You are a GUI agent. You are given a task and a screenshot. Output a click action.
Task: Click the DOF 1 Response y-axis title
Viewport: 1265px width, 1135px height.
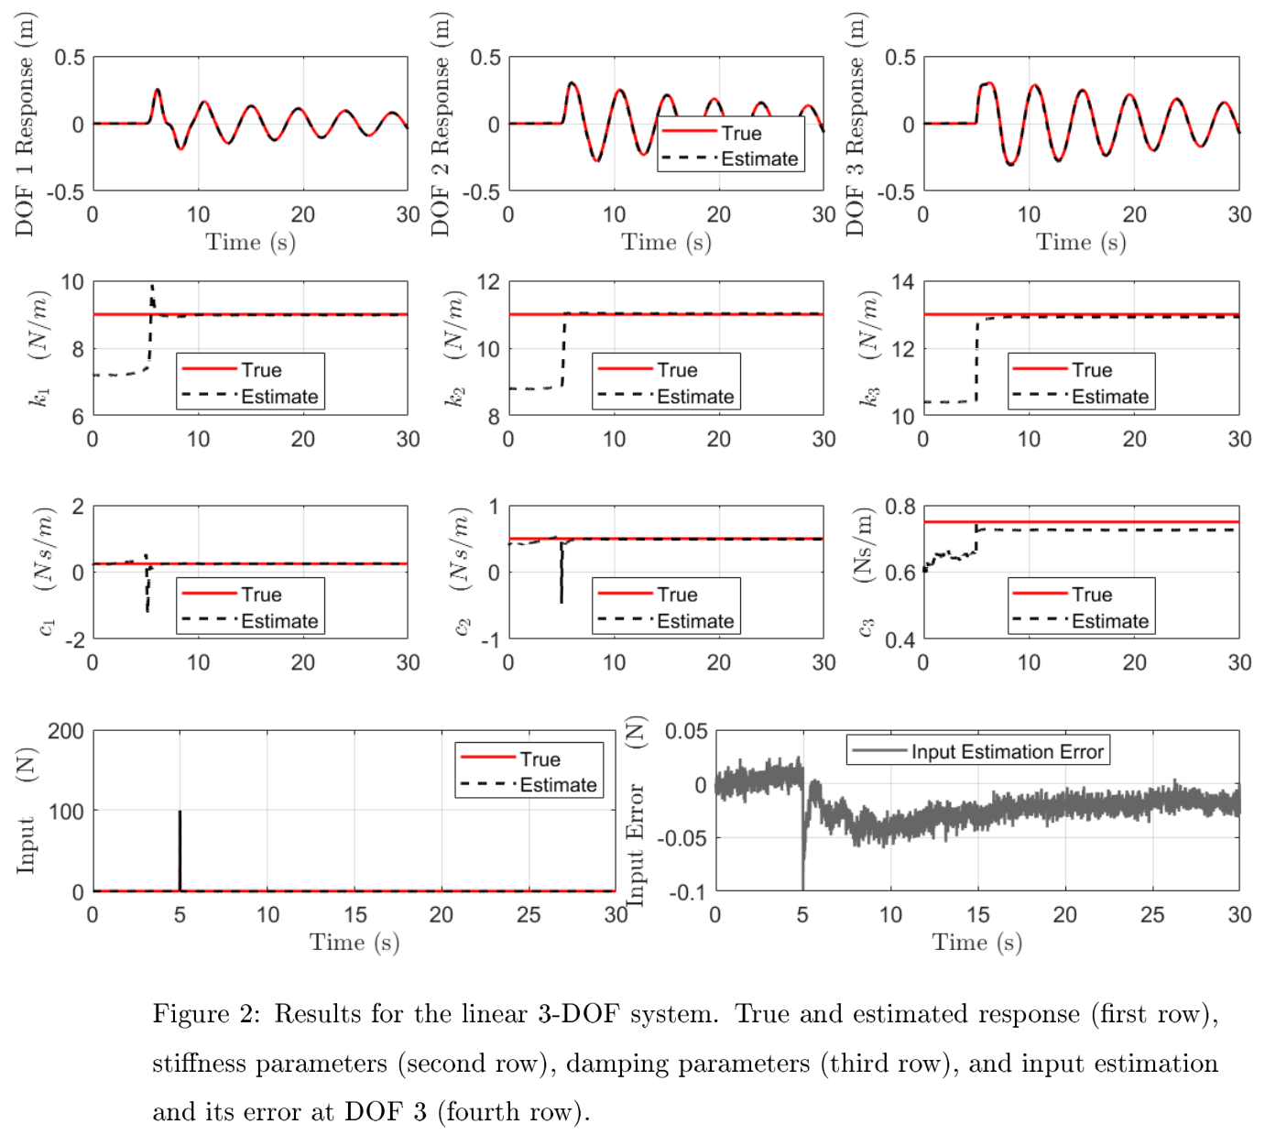25,125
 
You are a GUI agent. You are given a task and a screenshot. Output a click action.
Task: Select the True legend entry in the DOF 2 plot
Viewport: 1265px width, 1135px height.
740,133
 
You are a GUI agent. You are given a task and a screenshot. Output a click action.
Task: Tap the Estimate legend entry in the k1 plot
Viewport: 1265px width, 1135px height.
278,397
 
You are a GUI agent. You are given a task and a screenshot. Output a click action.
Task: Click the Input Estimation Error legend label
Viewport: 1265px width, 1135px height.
1006,752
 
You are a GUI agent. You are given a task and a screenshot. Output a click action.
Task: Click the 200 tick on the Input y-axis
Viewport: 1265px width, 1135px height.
66,731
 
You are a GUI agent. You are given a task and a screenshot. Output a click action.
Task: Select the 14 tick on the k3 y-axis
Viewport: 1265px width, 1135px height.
902,282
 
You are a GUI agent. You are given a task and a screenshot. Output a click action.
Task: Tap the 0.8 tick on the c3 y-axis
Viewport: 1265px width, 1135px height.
899,507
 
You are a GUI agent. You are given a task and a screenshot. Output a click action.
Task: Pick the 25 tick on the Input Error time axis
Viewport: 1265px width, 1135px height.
1151,915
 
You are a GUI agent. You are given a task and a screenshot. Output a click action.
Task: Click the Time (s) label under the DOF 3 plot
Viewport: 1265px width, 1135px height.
1080,242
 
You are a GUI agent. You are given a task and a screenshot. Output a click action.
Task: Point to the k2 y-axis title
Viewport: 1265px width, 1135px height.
455,348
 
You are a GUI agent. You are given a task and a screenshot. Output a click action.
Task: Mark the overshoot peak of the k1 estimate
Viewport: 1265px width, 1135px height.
152,287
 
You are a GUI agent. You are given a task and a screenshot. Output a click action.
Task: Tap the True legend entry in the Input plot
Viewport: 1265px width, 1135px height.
540,759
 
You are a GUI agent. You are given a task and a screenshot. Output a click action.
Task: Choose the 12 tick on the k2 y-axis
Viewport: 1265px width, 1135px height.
488,282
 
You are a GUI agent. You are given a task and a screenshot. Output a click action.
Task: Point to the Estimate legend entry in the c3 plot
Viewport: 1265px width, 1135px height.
1109,621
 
